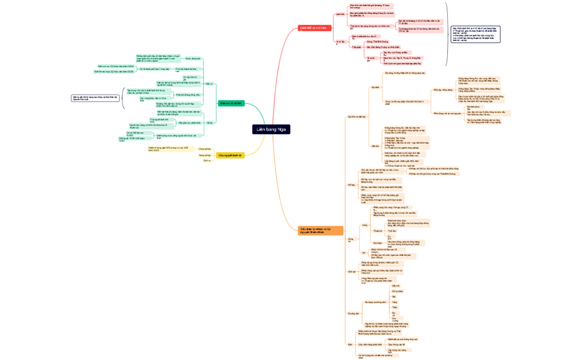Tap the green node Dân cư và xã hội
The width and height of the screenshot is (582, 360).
[x=231, y=103]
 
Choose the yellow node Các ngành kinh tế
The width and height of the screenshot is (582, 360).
[x=230, y=156]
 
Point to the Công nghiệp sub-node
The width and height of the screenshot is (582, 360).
[x=205, y=149]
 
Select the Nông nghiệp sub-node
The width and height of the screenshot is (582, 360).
[x=205, y=155]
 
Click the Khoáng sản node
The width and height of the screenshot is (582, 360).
[x=353, y=313]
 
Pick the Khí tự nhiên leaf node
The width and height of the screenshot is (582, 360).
[x=397, y=291]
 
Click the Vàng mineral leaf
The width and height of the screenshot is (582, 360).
[x=395, y=302]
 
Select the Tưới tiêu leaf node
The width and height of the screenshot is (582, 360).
[x=391, y=230]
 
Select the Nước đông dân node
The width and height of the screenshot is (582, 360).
[x=193, y=58]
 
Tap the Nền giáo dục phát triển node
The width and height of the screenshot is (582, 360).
[x=190, y=123]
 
